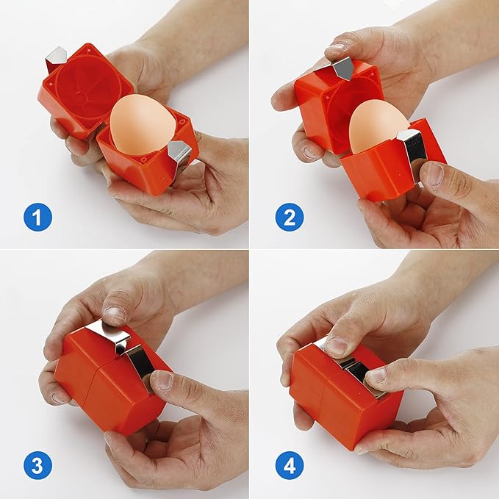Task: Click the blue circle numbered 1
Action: click(37, 217)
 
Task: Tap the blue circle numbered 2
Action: click(290, 217)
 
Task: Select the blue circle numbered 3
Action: click(37, 467)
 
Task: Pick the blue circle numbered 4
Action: click(290, 467)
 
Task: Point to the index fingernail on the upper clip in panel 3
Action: click(114, 312)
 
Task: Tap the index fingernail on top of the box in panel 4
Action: click(336, 346)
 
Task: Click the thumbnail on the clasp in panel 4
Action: click(378, 375)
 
